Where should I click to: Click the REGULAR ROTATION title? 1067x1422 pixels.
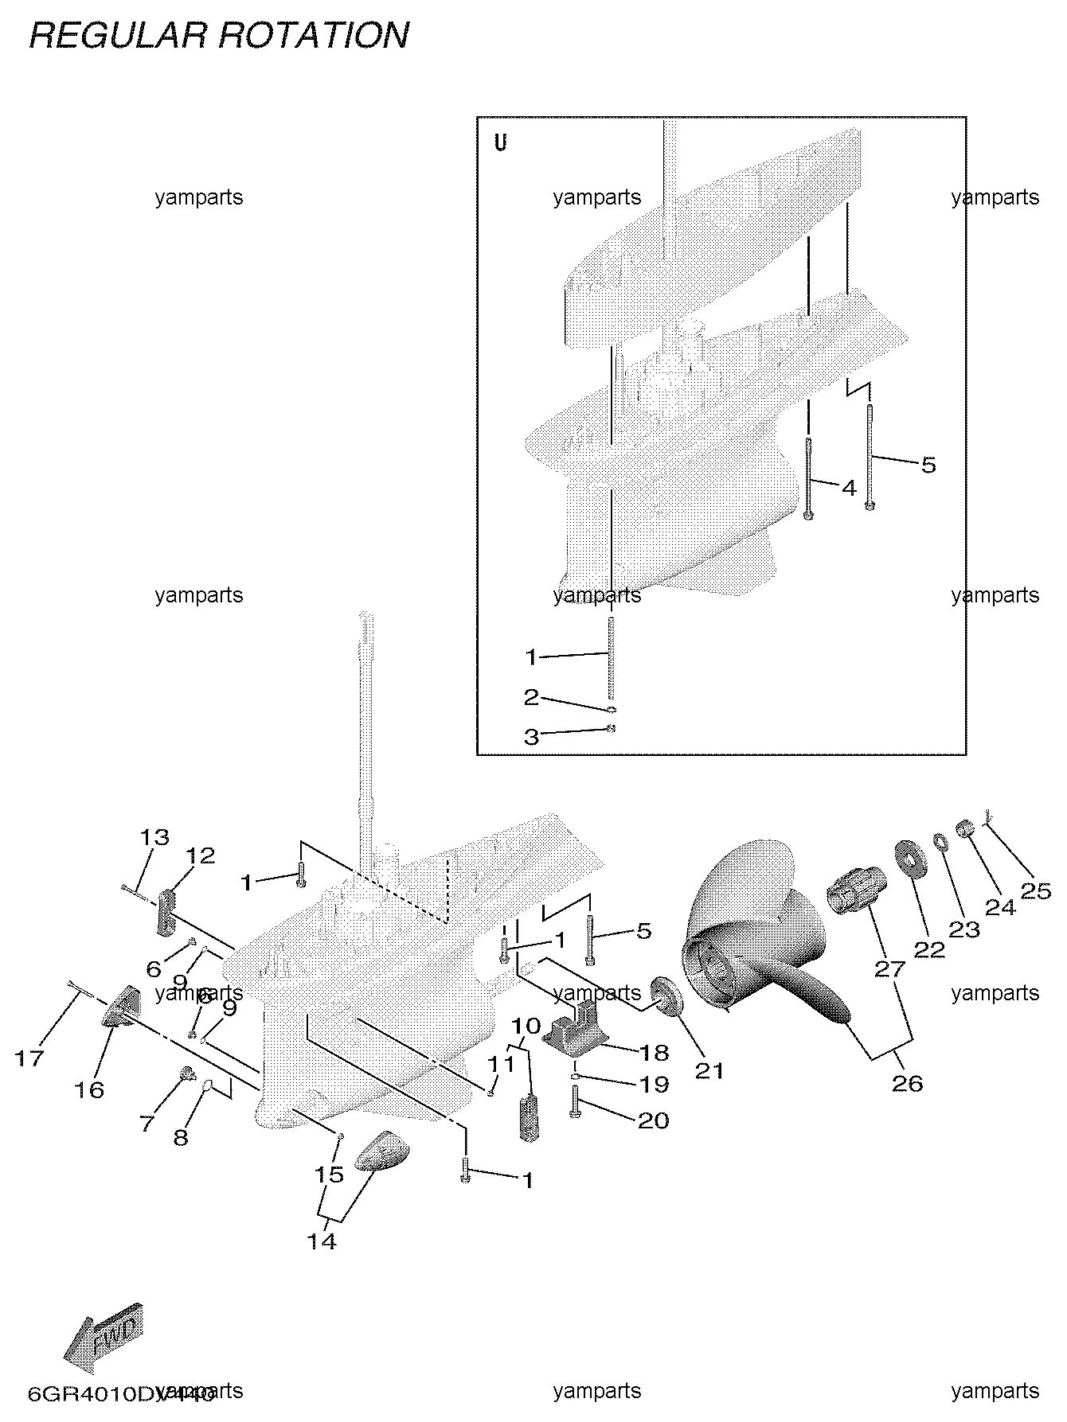[219, 36]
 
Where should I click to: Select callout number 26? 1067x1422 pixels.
[907, 1083]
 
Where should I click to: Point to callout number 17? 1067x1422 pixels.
[30, 1058]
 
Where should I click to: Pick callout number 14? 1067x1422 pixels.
[322, 1241]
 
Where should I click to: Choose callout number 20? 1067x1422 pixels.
[653, 1120]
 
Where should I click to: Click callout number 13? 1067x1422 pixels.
[154, 837]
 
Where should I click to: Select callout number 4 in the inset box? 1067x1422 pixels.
[849, 487]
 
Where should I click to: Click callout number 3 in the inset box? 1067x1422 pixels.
[531, 737]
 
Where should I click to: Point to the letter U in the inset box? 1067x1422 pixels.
[500, 144]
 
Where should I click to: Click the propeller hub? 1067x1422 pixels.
[721, 964]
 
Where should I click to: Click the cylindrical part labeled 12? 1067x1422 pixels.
[166, 914]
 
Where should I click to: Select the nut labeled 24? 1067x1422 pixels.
[965, 828]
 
